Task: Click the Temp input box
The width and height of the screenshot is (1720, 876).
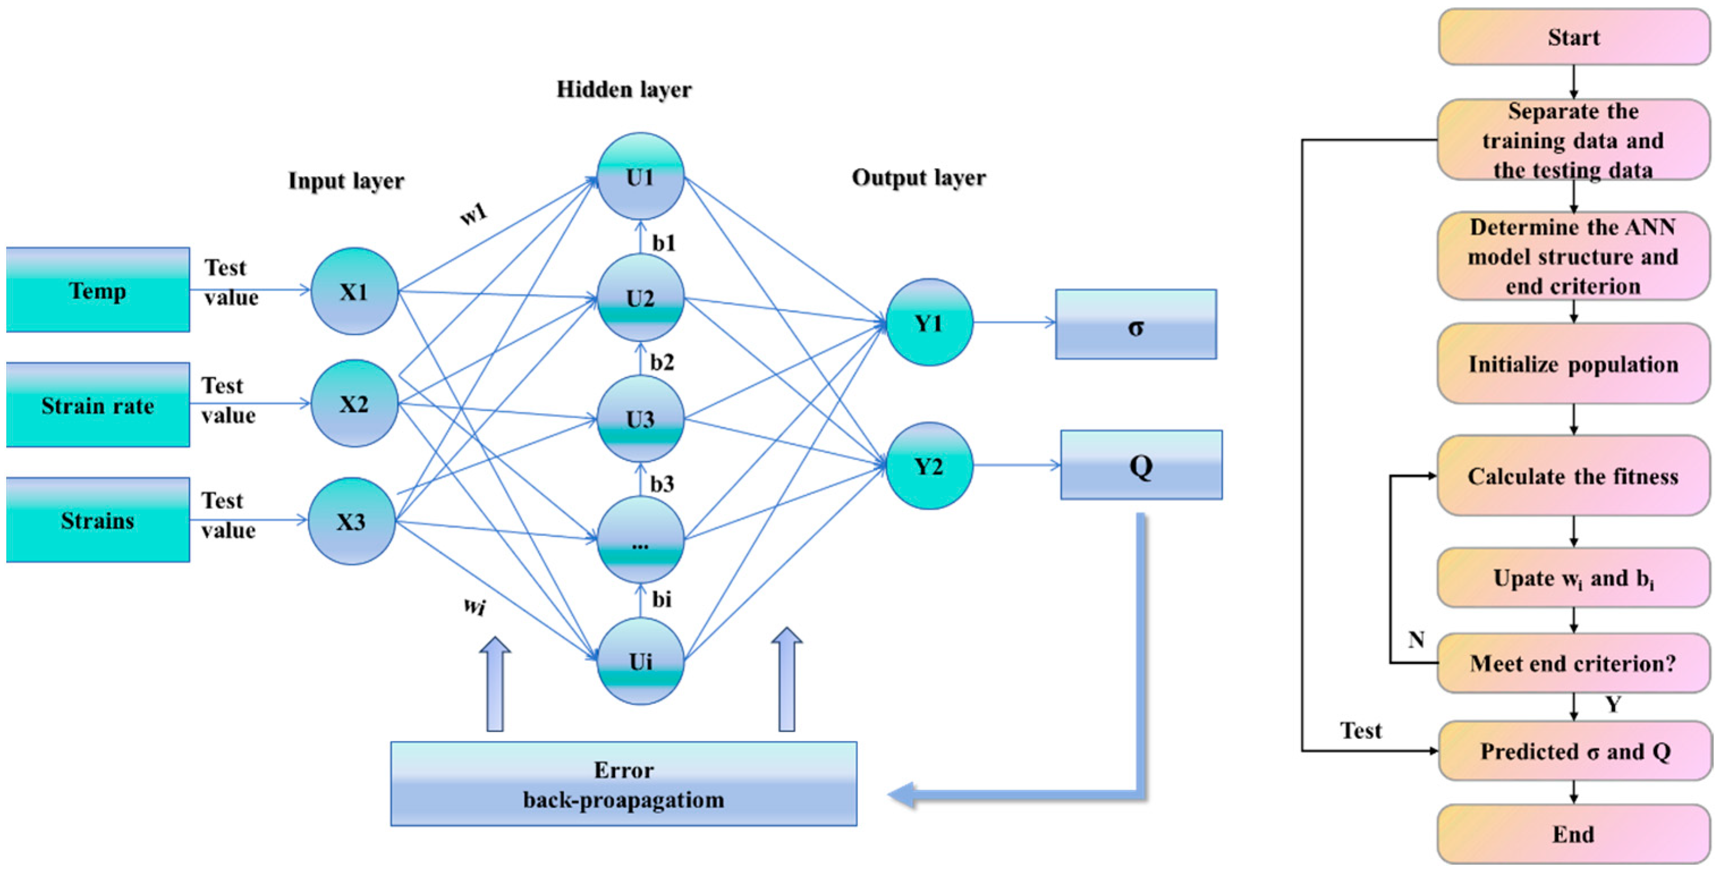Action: click(x=98, y=290)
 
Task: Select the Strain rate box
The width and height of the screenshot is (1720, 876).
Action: click(x=98, y=405)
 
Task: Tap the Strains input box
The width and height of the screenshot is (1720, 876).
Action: click(x=98, y=520)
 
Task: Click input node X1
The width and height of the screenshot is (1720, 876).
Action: click(x=355, y=291)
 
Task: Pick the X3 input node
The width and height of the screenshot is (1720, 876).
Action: click(x=352, y=521)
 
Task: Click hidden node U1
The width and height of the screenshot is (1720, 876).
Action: click(x=640, y=176)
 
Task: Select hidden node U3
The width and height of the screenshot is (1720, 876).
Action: click(x=640, y=419)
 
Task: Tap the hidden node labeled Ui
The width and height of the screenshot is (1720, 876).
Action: click(x=640, y=661)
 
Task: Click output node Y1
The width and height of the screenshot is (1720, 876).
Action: click(x=929, y=322)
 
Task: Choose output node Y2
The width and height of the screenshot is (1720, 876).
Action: click(x=929, y=465)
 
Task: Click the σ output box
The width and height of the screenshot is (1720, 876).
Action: click(x=1136, y=325)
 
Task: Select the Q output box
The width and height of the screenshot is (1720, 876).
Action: click(x=1142, y=465)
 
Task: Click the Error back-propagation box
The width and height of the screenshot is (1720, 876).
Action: click(x=623, y=784)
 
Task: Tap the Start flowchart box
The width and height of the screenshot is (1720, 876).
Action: click(x=1574, y=37)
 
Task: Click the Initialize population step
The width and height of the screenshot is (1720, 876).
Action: click(x=1574, y=364)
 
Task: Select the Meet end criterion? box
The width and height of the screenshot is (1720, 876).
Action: click(x=1574, y=663)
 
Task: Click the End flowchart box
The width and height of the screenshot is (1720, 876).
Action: click(x=1574, y=834)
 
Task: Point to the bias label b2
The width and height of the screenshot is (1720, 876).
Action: click(x=662, y=363)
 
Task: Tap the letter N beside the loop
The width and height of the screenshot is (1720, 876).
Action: click(x=1416, y=640)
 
